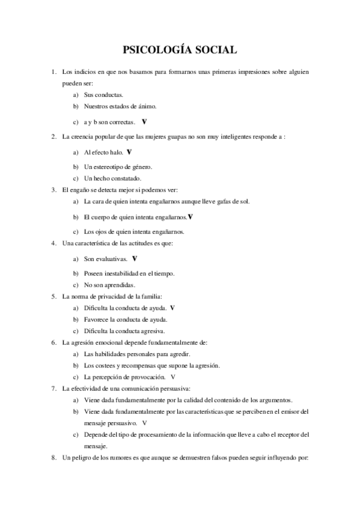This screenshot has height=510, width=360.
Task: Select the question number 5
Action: pyautogui.click(x=53, y=296)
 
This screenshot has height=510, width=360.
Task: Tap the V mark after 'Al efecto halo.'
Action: pyautogui.click(x=130, y=153)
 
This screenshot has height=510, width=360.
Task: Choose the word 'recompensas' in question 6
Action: pyautogui.click(x=148, y=365)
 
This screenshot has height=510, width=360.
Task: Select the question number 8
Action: pyautogui.click(x=53, y=458)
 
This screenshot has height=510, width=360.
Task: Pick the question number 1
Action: pyautogui.click(x=53, y=72)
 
